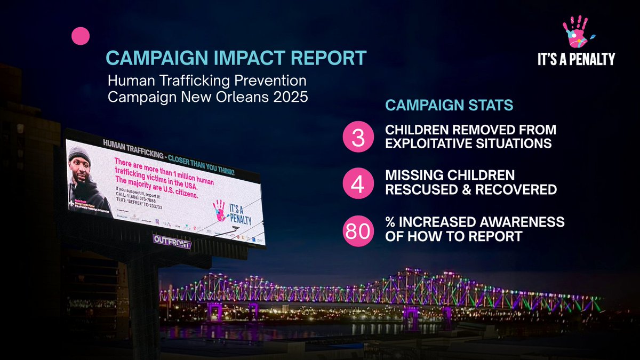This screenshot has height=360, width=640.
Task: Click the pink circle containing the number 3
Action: click(x=358, y=137)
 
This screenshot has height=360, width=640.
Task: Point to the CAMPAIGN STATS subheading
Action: click(x=449, y=105)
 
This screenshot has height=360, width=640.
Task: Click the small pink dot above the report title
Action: click(x=81, y=36)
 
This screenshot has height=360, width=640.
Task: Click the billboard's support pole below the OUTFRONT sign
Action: click(x=142, y=299)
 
